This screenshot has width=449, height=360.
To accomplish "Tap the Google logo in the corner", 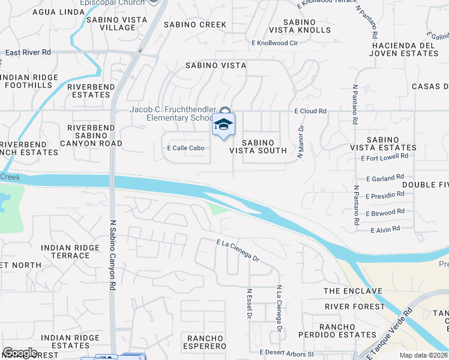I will click(20, 353).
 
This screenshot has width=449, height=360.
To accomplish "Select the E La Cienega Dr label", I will click(238, 250).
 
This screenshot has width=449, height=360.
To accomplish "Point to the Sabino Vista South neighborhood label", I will click(264, 146).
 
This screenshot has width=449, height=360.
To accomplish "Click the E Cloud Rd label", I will click(310, 112).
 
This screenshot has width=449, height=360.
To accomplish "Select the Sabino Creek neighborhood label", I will click(197, 25).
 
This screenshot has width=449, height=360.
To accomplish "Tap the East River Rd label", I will click(28, 53).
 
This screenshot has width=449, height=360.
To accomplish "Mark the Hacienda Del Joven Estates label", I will click(405, 49).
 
